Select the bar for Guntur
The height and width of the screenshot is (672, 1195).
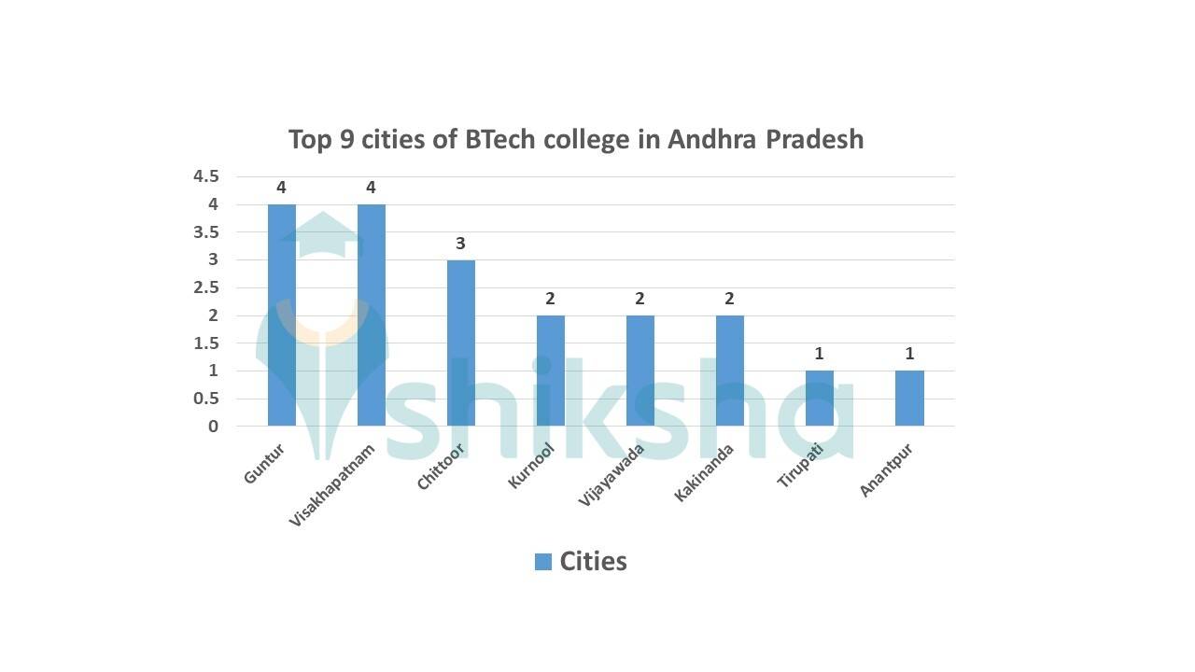click(281, 315)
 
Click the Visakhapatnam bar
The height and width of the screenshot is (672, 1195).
click(371, 315)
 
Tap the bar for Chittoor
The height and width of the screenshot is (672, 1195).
click(460, 343)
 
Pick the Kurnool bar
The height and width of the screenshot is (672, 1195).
click(550, 371)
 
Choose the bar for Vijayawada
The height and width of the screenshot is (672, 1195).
click(640, 371)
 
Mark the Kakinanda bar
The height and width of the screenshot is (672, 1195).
click(729, 371)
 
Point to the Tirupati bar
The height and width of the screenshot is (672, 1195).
click(819, 399)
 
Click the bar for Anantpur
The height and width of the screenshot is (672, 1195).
click(909, 399)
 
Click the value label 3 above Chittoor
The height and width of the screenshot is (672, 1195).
click(460, 244)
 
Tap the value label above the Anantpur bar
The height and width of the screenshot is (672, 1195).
click(909, 354)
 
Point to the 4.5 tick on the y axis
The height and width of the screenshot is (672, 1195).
click(205, 176)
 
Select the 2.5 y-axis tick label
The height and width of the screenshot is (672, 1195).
click(205, 287)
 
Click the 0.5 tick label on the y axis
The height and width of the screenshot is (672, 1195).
click(205, 399)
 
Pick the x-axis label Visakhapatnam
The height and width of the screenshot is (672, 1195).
click(333, 485)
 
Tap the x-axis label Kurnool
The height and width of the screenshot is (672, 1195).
click(532, 464)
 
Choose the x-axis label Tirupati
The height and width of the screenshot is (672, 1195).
click(801, 466)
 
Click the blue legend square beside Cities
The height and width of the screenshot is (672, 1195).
click(543, 561)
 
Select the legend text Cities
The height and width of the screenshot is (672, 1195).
click(593, 561)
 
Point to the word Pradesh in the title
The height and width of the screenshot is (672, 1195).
click(815, 139)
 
